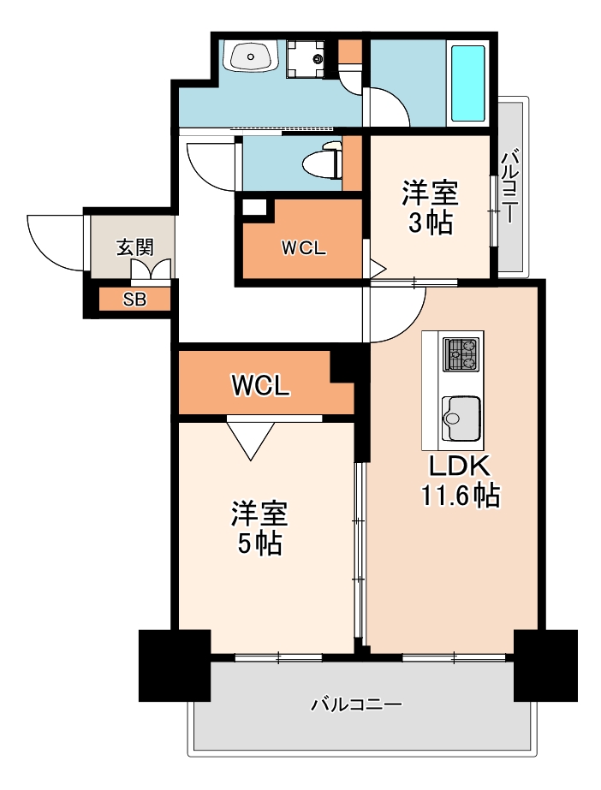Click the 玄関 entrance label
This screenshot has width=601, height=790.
[134, 248]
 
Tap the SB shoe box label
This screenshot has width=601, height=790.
[134, 300]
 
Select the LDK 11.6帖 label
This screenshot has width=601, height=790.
[459, 481]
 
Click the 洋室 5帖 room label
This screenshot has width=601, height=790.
[258, 528]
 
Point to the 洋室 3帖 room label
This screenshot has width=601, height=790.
[430, 207]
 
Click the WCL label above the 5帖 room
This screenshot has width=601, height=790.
[260, 386]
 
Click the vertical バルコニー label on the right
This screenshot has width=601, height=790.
[510, 186]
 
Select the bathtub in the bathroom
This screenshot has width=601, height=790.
[467, 83]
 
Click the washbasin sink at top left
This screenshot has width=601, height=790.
[250, 56]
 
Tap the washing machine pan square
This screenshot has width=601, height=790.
[306, 58]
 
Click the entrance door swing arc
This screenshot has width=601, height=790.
[53, 240]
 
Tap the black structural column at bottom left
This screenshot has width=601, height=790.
[175, 666]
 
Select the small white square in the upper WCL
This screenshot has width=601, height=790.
[254, 206]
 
